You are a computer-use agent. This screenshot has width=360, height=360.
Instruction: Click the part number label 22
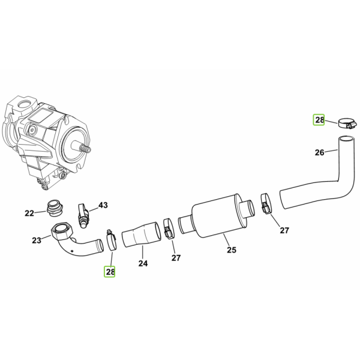click(29, 213)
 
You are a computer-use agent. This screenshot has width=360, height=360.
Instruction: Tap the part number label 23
click(36, 241)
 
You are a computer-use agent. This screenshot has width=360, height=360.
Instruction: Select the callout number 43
click(103, 205)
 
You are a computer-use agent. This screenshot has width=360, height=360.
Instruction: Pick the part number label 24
click(143, 263)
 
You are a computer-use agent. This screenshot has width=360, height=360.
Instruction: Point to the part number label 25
click(232, 250)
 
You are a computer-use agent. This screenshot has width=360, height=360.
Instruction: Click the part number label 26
click(319, 152)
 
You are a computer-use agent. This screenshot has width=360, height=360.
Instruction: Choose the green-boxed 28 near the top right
click(319, 119)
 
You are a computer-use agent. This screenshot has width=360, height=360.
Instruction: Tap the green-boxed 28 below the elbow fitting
click(110, 272)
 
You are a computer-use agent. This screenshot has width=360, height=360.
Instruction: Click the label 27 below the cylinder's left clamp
click(176, 258)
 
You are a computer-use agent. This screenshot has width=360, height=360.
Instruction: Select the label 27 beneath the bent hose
click(284, 230)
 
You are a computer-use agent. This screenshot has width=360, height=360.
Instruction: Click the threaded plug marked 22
click(55, 208)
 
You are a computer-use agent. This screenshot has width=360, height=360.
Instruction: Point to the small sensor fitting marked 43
click(83, 215)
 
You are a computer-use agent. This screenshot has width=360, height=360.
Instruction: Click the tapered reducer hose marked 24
click(142, 235)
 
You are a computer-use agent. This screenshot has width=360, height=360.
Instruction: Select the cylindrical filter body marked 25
click(217, 215)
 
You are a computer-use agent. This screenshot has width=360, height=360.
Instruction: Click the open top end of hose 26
click(347, 139)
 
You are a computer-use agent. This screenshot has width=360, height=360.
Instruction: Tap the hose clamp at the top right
click(347, 123)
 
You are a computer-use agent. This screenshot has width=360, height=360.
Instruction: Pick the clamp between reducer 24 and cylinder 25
click(169, 229)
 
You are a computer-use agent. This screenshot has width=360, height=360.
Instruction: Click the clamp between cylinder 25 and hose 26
click(266, 203)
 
